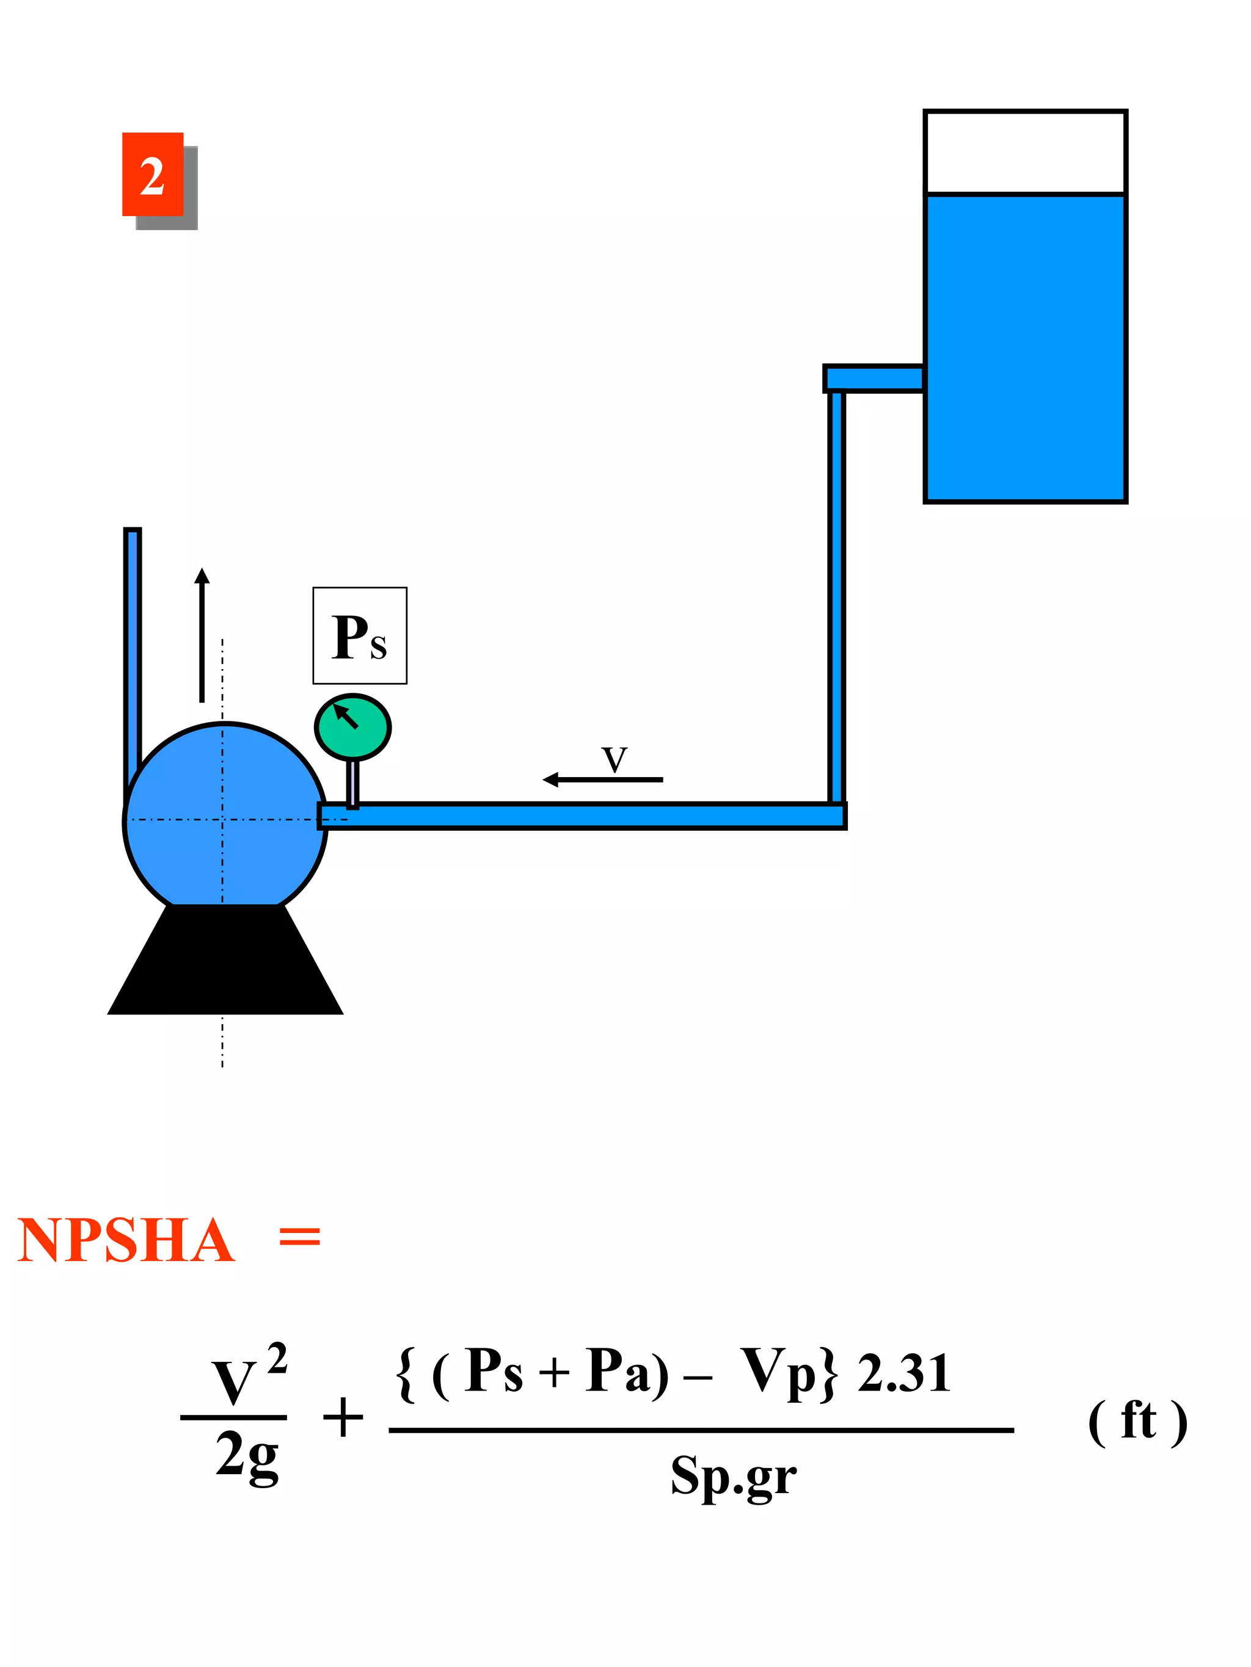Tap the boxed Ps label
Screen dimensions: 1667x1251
click(x=360, y=636)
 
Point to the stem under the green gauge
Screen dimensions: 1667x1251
click(x=352, y=784)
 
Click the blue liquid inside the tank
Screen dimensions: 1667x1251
click(x=1025, y=347)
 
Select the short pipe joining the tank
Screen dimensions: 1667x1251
click(x=874, y=378)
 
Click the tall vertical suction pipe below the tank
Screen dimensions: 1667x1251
click(x=836, y=595)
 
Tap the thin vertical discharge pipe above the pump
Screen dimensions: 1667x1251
click(x=133, y=648)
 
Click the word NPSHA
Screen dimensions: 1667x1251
click(x=126, y=1240)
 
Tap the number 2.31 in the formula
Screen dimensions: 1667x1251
click(x=903, y=1373)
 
